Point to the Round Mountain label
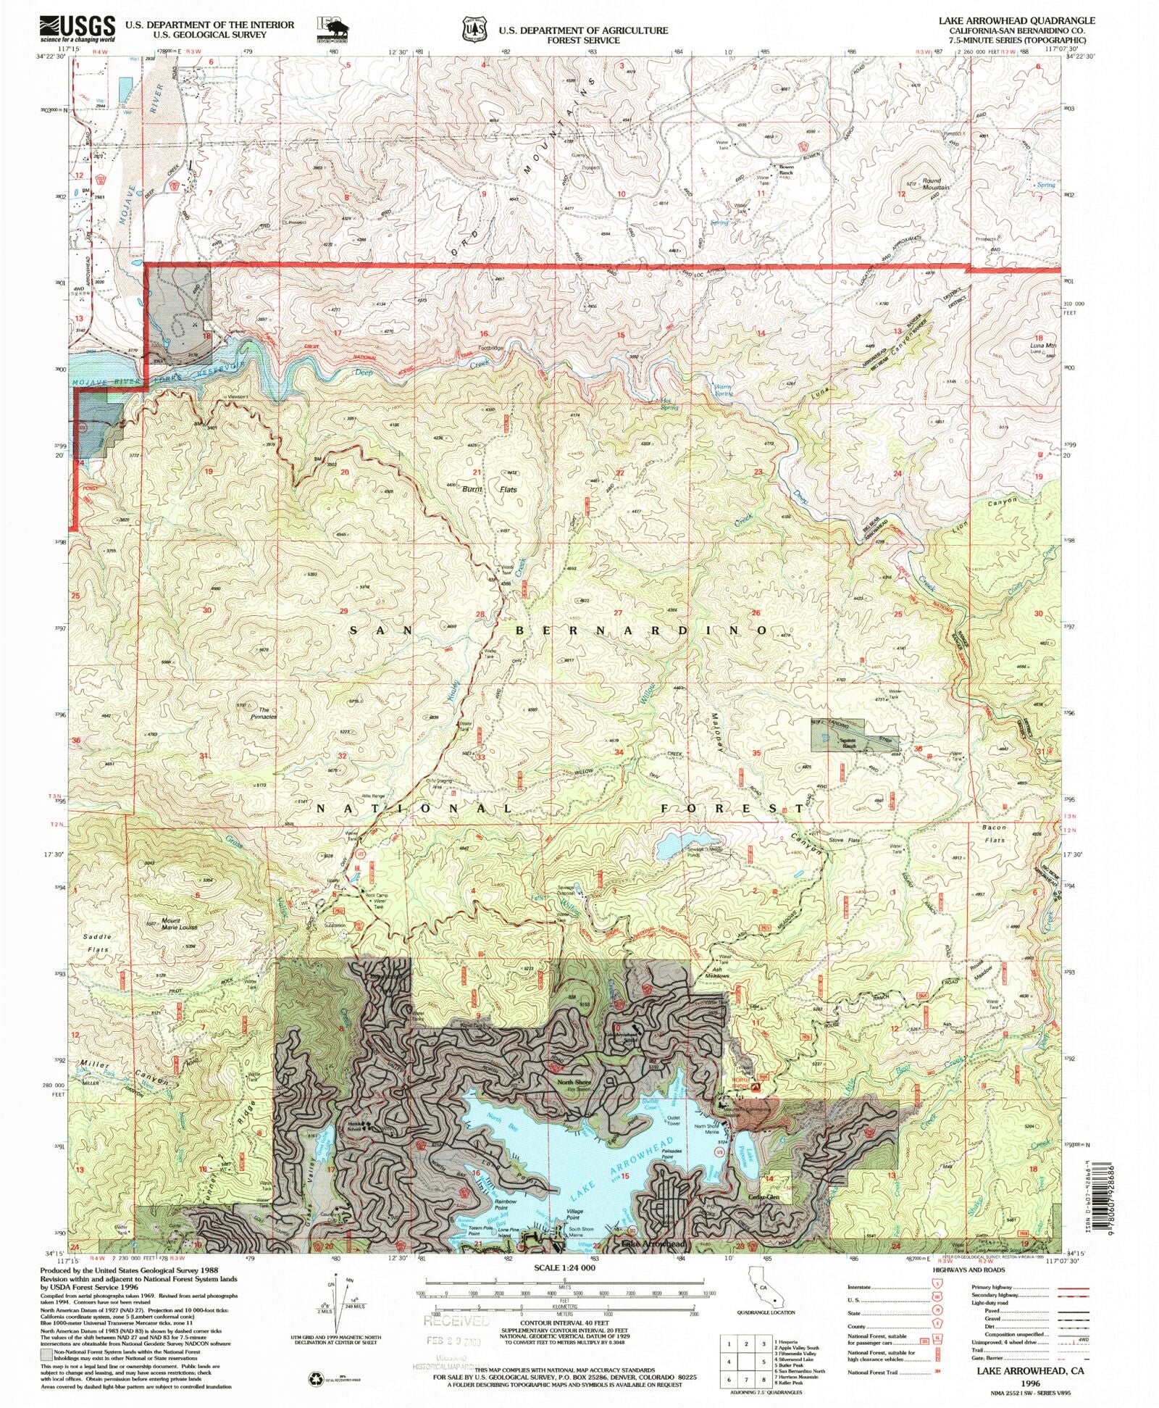931,184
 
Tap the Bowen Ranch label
786,170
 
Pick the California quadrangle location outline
764,1293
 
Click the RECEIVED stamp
456,1320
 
